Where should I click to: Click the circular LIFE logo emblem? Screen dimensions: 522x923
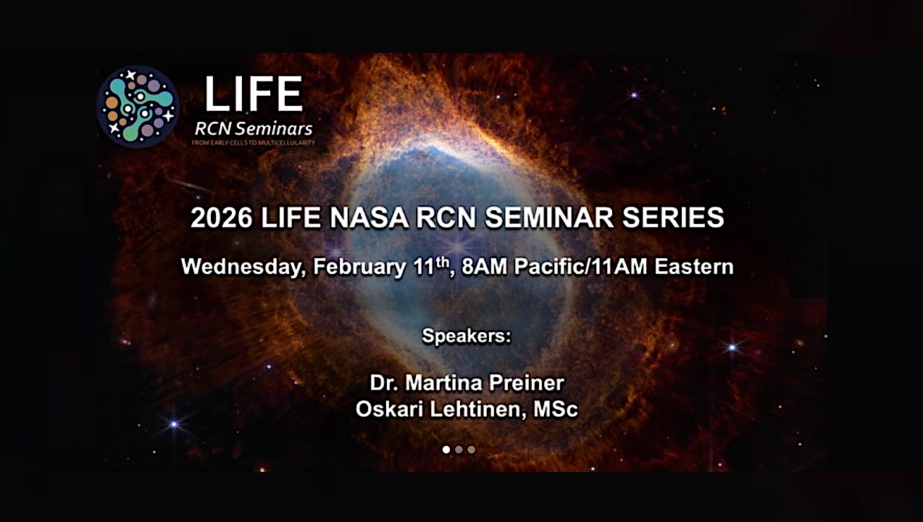138,107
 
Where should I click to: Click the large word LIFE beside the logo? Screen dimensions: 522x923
253,94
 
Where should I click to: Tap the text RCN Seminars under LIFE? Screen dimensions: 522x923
254,129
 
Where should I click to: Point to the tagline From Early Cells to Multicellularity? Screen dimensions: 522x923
254,144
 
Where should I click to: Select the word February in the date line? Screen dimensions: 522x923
359,267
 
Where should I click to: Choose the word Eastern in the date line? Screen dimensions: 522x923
693,267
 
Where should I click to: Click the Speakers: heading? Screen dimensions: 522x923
467,336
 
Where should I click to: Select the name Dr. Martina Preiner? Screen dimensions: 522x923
467,382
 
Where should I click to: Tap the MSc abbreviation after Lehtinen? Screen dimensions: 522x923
556,409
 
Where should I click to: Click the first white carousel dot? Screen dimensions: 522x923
446,449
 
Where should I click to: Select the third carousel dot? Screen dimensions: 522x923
472,449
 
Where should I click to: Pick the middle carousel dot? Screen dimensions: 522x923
459,449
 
